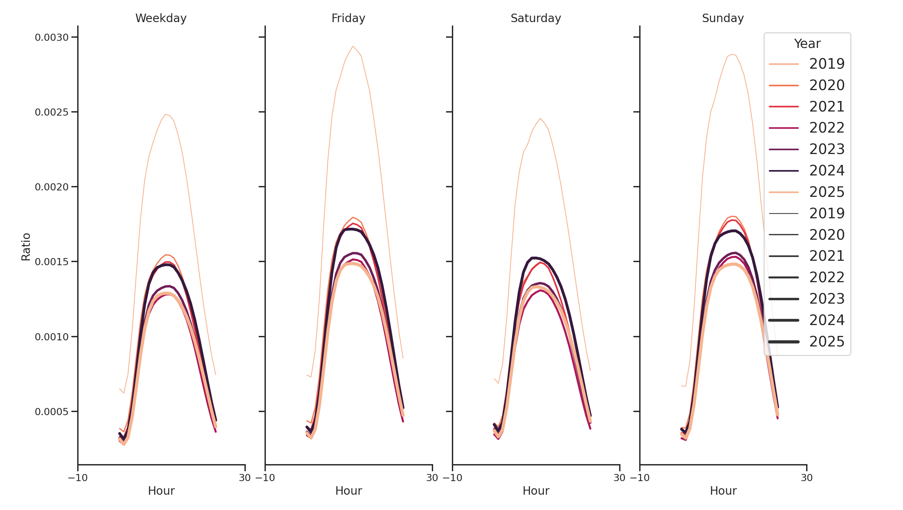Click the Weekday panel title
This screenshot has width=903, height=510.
[x=161, y=18]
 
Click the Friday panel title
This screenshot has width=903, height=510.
[x=348, y=18]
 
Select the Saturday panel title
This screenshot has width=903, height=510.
[x=535, y=18]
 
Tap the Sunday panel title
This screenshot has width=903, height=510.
[x=722, y=18]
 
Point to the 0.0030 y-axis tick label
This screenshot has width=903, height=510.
[x=52, y=37]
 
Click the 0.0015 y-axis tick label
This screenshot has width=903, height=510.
[x=52, y=262]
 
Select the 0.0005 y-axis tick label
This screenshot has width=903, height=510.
[x=52, y=411]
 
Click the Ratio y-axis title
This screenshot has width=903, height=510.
[x=26, y=247]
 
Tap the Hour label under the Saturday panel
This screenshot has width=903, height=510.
[x=535, y=491]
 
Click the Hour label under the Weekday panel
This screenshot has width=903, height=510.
[x=161, y=491]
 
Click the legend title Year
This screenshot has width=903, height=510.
[x=807, y=44]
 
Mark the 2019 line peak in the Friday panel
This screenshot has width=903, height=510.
[x=353, y=46]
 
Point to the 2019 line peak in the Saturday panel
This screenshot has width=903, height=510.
[x=540, y=118]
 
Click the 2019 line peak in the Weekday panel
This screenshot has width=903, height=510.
[x=166, y=114]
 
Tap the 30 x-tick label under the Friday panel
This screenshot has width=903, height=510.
[x=432, y=478]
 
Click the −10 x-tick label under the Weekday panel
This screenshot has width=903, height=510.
[x=78, y=478]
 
